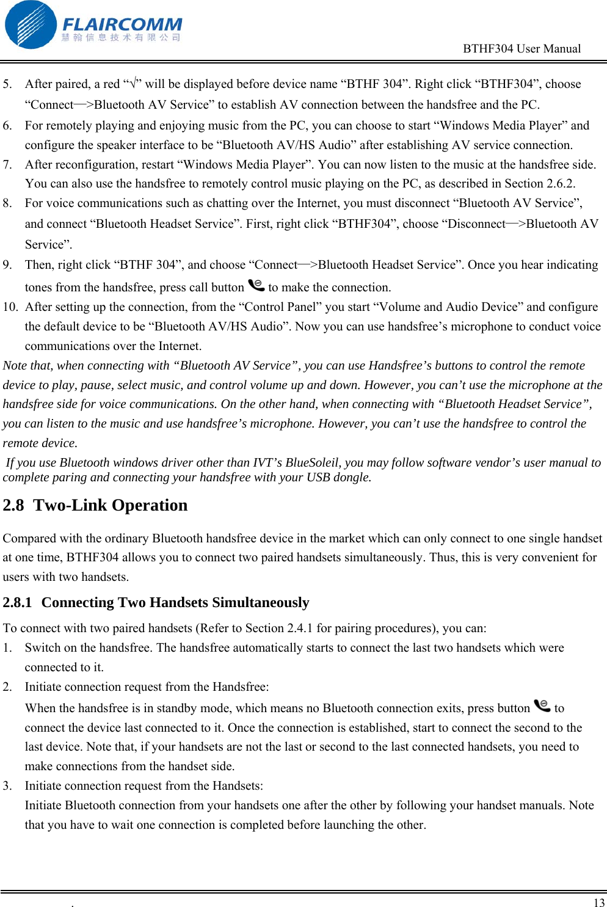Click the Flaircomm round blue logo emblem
point(31,25)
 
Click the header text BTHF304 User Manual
point(522,49)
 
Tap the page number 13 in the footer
point(598,903)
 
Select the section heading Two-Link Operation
point(110,506)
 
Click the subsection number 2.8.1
point(17,603)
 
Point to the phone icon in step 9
point(256,285)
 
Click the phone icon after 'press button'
point(542,706)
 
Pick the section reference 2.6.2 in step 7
point(560,184)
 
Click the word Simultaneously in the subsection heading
point(260,603)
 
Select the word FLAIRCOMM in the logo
point(122,24)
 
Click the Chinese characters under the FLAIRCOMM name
point(121,38)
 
